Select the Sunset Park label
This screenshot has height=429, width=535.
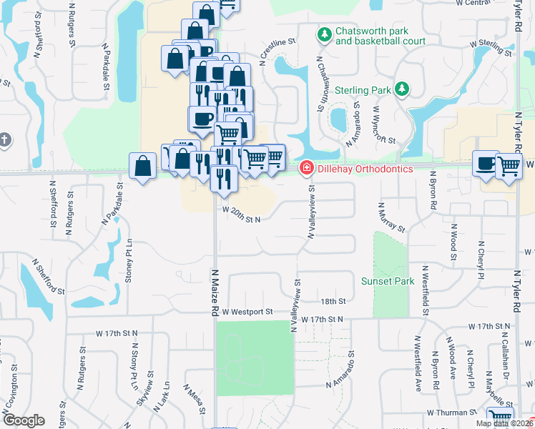[x=388, y=281]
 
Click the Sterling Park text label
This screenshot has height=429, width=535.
[x=363, y=91]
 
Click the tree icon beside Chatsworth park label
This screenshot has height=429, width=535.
[x=325, y=34]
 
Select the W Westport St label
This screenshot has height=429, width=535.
[x=247, y=312]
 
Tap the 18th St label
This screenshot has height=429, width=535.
[x=333, y=301]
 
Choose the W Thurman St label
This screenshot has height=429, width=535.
[x=452, y=413]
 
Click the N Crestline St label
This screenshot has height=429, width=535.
[x=278, y=51]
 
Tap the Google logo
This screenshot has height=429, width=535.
[x=24, y=420]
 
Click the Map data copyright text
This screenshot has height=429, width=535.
[x=504, y=423]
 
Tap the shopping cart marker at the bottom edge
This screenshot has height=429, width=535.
[x=499, y=419]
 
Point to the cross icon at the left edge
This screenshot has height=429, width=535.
[x=4, y=140]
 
